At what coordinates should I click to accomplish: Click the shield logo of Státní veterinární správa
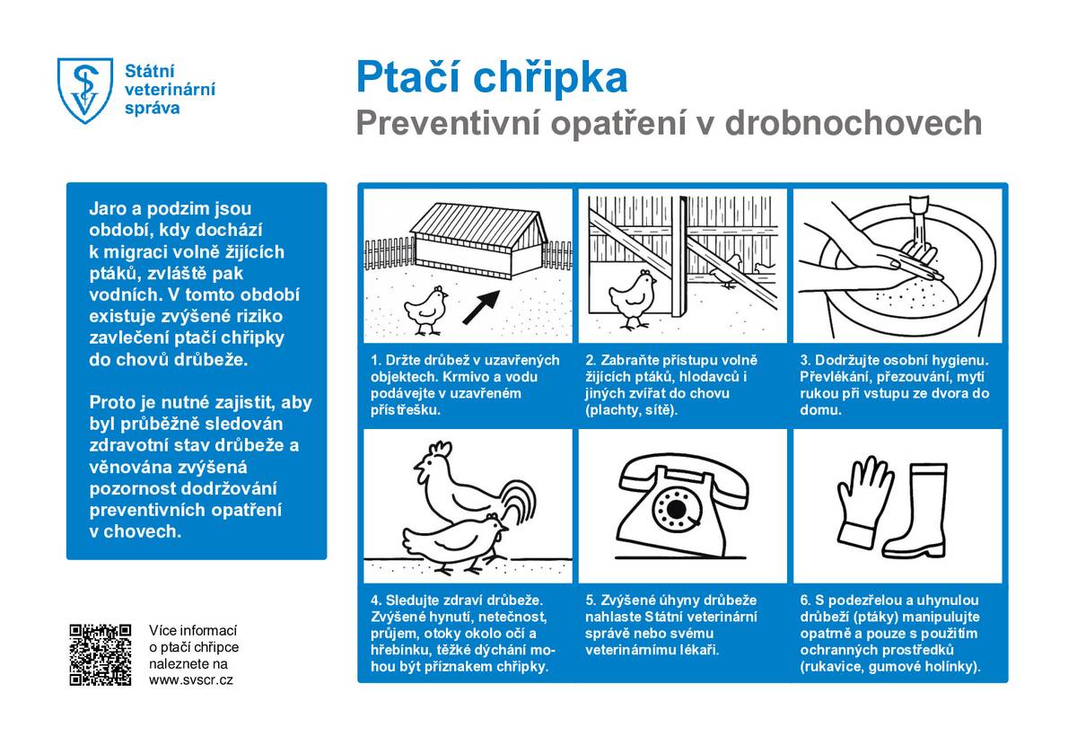pyautogui.click(x=85, y=91)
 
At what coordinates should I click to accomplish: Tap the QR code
pyautogui.click(x=101, y=654)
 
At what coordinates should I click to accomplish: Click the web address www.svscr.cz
pyautogui.click(x=191, y=679)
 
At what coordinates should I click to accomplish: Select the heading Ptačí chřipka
pyautogui.click(x=492, y=77)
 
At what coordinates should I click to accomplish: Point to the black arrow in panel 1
pyautogui.click(x=481, y=306)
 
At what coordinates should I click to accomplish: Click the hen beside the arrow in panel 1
pyautogui.click(x=425, y=308)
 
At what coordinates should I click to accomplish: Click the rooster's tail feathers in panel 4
pyautogui.click(x=521, y=503)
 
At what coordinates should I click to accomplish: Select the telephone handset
pyautogui.click(x=684, y=475)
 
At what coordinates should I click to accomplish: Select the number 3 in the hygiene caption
pyautogui.click(x=804, y=360)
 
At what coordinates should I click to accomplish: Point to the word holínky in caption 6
pyautogui.click(x=951, y=666)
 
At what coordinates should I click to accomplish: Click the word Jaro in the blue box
pyautogui.click(x=108, y=208)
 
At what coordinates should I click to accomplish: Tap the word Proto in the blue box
pyautogui.click(x=111, y=402)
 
